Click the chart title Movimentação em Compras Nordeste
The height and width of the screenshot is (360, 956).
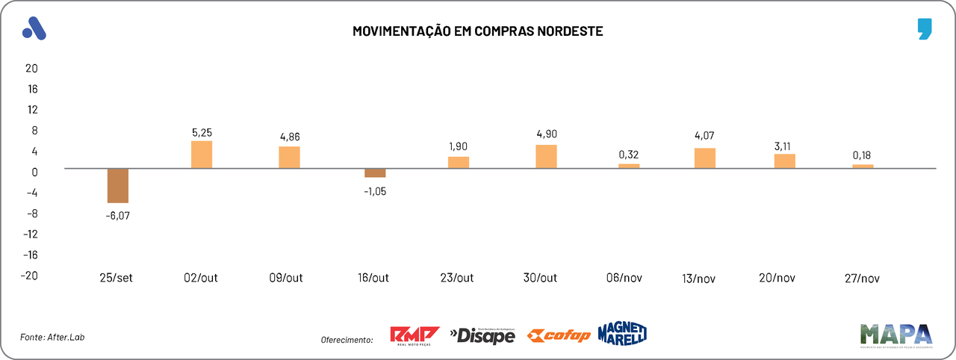pos(477,31)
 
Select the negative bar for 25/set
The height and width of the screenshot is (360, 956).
pos(118,186)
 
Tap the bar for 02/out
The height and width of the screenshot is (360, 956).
pos(202,155)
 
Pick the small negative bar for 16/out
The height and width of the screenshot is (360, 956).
pos(375,173)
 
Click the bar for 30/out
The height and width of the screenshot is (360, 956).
pos(546,156)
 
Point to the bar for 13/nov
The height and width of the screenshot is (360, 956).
pos(705,158)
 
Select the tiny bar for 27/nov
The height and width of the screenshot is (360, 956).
pos(863,167)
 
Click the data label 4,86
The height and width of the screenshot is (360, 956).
pos(289,137)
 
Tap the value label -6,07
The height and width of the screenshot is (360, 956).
pos(118,216)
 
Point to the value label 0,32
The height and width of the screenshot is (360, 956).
pos(629,154)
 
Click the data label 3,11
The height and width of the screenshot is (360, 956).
pos(784,144)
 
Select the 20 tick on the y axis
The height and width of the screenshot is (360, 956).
pos(31,68)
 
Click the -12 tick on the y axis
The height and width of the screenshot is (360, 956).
pos(30,234)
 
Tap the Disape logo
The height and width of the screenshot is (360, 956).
pos(482,336)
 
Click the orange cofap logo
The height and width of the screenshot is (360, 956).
pos(559,335)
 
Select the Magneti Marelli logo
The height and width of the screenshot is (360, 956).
pos(622,333)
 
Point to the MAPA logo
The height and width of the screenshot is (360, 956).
pos(896,335)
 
